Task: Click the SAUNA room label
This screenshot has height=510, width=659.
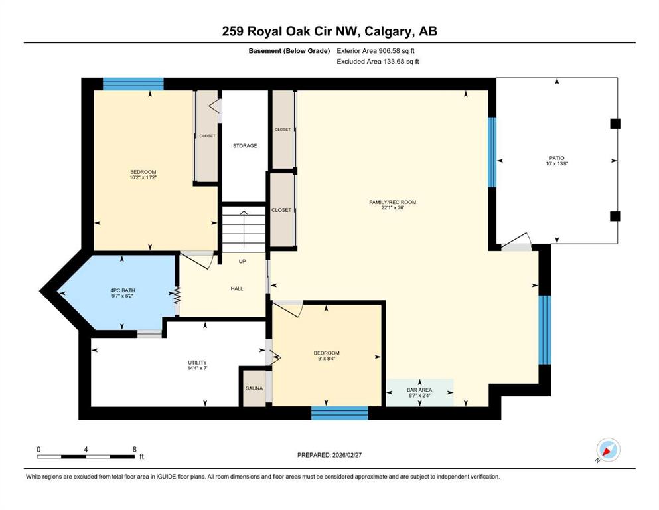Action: (254, 388)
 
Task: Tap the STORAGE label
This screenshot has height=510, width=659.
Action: (245, 146)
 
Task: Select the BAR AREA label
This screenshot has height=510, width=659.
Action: (419, 390)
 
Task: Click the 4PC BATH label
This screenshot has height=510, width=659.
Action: (123, 290)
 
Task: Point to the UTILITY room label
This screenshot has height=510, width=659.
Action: (198, 363)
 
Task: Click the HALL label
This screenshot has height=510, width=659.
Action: (237, 288)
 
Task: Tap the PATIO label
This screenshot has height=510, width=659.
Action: (557, 158)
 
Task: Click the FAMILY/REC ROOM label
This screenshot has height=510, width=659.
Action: (392, 202)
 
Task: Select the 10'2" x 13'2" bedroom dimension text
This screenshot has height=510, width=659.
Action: (143, 177)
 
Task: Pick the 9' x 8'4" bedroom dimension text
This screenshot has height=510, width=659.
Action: (327, 359)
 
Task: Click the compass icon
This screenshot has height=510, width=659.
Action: (608, 450)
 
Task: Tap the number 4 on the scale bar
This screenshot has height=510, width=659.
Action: (86, 449)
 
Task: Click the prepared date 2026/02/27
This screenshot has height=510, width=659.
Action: (346, 455)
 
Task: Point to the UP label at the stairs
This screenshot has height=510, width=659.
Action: (242, 261)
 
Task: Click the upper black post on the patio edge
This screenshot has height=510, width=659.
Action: (615, 124)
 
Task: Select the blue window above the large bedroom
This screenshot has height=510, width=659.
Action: (133, 84)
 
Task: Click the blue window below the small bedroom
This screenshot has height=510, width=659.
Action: (340, 413)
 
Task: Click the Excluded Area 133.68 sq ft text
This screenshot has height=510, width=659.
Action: (378, 61)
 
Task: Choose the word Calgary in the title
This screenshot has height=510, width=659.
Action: (388, 31)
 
